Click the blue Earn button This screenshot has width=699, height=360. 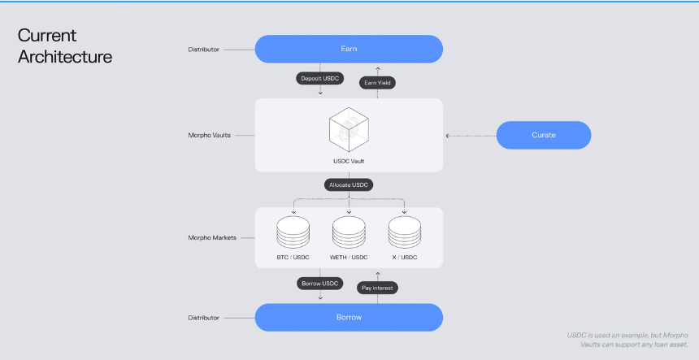349,49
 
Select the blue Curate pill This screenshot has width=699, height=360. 544,135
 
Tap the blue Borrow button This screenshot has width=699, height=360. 349,317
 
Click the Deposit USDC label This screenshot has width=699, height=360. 319,78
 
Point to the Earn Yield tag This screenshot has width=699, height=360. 377,83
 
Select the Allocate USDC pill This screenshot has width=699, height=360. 349,185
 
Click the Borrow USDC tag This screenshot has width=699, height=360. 319,284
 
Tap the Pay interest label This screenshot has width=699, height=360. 377,288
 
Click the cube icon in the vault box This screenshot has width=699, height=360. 349,130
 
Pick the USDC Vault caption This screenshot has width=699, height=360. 349,161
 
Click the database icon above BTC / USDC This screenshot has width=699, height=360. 293,232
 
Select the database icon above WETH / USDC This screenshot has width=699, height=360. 349,232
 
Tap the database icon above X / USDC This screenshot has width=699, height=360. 404,232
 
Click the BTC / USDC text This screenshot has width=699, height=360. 293,258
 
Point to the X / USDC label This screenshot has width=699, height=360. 404,258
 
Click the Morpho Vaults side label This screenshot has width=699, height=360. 209,136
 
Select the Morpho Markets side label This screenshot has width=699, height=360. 212,238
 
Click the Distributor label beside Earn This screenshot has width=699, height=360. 204,50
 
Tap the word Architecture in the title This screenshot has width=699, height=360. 65,57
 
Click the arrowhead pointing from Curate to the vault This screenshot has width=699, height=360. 448,136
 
